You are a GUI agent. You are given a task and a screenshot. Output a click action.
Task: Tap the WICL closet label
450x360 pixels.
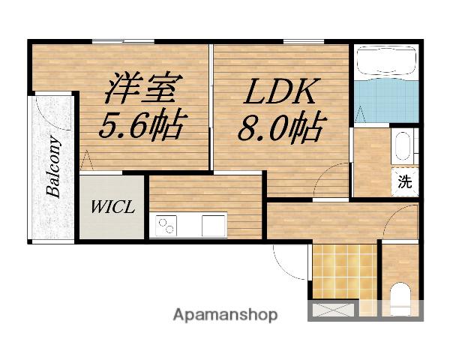point(113,207)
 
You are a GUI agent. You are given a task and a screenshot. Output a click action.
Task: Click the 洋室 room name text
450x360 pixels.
point(141,88)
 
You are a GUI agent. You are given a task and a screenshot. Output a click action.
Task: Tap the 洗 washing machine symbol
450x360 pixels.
point(405,181)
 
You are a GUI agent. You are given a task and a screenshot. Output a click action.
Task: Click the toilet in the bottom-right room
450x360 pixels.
point(401,298)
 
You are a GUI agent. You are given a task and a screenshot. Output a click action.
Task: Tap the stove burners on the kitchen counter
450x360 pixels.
point(166,224)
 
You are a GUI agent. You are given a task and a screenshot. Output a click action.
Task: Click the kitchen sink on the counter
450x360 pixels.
point(213,223)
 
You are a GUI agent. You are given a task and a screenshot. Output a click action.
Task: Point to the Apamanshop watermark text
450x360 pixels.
point(225,315)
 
